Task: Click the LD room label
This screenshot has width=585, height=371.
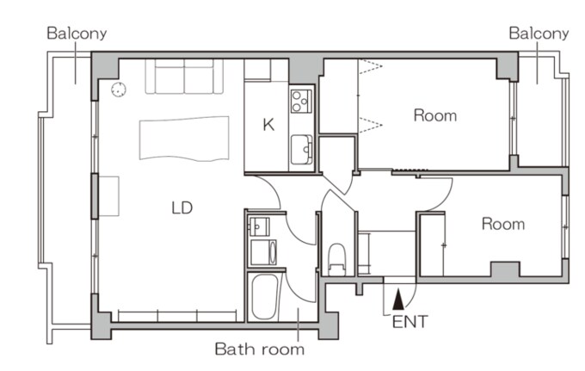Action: [182, 207]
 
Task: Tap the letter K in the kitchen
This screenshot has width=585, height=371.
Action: [268, 124]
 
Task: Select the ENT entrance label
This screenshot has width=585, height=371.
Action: [409, 322]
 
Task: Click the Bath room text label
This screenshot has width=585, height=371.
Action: [260, 349]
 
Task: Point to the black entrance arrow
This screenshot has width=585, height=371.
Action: [398, 300]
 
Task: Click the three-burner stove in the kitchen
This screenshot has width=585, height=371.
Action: [301, 102]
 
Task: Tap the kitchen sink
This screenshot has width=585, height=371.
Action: [301, 149]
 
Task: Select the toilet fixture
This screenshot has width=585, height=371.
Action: [337, 259]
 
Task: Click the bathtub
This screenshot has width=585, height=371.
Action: [264, 297]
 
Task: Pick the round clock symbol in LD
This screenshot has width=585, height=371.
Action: [119, 90]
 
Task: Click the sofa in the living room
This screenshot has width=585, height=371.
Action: [184, 76]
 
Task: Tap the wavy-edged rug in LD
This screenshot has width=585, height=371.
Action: [184, 139]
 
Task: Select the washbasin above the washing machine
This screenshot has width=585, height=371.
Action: [259, 226]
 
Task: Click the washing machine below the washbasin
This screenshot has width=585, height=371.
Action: [263, 252]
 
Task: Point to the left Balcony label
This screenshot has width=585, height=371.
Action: [77, 34]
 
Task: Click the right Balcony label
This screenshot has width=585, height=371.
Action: [539, 34]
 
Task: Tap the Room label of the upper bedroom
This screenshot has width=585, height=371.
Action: [435, 115]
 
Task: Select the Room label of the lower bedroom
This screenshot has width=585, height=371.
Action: [503, 224]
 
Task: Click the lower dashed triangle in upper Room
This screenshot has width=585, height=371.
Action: [371, 124]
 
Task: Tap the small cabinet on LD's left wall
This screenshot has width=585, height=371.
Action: [108, 196]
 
